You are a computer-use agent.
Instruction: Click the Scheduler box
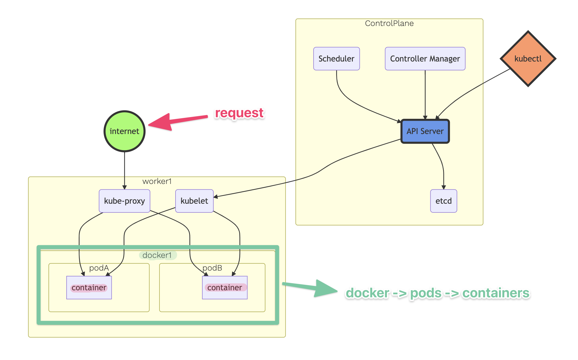click(336, 59)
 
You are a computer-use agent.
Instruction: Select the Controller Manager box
click(425, 59)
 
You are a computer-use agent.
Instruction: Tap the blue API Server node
click(425, 131)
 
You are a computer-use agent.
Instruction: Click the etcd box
click(443, 201)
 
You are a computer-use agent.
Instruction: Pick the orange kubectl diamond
click(528, 59)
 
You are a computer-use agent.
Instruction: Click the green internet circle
click(124, 131)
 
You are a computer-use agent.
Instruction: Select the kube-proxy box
click(124, 201)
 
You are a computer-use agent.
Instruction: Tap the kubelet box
click(194, 201)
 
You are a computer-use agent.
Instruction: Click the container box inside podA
click(89, 287)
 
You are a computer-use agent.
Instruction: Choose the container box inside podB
click(225, 287)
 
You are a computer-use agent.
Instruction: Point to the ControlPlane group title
click(389, 23)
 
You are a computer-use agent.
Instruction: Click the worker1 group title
click(157, 181)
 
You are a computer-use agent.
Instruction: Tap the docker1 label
click(157, 255)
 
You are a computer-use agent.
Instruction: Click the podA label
click(99, 268)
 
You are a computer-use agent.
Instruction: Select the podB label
click(212, 268)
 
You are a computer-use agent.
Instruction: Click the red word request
click(239, 113)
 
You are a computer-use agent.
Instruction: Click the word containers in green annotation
click(496, 293)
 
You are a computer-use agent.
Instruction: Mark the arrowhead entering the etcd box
click(444, 187)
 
